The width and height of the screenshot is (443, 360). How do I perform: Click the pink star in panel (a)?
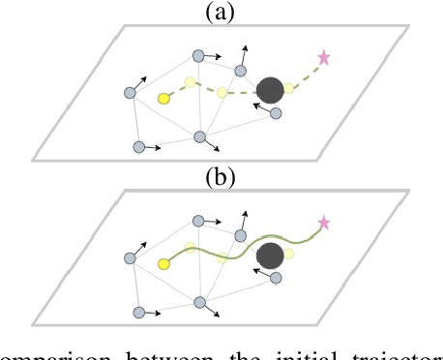coord(324,58)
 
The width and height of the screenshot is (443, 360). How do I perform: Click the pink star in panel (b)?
coord(324,223)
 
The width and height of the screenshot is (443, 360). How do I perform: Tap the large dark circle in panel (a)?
coord(271,91)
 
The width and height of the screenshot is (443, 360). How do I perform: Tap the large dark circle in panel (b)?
coord(271,256)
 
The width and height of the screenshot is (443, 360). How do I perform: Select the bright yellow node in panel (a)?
coord(164,98)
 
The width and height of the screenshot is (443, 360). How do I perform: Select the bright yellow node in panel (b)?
coord(164,262)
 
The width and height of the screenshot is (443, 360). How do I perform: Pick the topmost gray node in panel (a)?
coord(198,56)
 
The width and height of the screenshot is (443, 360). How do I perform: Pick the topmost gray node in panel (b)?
coord(198,222)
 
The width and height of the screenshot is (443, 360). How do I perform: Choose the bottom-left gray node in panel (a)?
coord(138,147)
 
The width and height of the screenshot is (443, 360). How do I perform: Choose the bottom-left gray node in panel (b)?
coord(138,312)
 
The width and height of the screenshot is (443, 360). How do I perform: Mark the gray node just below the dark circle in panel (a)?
coord(276,113)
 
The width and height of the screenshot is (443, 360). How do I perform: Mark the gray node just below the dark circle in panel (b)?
coord(276,279)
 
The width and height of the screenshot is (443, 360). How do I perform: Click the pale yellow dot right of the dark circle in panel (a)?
coord(289,89)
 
